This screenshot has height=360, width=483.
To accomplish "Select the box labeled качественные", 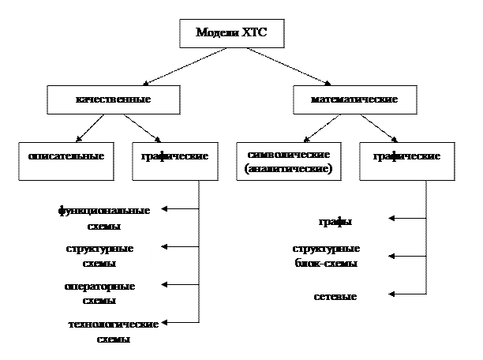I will pos(113,100).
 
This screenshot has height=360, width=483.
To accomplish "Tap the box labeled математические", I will pos(354,100).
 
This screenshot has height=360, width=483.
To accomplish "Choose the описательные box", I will pos(66,156).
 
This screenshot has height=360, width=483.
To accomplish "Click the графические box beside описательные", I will pos(174,156).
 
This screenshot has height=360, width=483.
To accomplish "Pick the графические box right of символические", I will pos(406,156).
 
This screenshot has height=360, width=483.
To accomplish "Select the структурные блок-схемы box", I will pos(326,256).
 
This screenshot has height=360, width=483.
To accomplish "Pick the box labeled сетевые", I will pos(336,297).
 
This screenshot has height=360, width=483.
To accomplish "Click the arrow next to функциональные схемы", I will pos(167,209).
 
